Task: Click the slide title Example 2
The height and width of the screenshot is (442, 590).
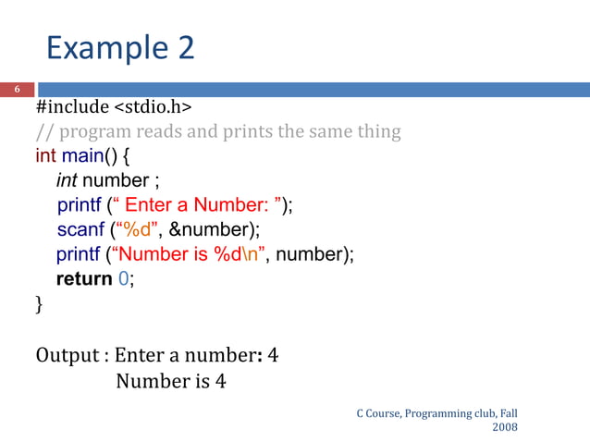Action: click(120, 47)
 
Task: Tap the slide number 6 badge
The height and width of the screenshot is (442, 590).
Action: click(16, 90)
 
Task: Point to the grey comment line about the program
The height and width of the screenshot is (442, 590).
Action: click(218, 131)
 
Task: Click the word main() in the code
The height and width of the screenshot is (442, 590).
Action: click(92, 154)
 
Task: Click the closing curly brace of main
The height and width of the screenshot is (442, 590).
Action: click(40, 303)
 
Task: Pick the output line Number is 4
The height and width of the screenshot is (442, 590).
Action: click(171, 379)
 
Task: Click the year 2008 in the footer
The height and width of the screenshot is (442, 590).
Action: click(505, 427)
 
